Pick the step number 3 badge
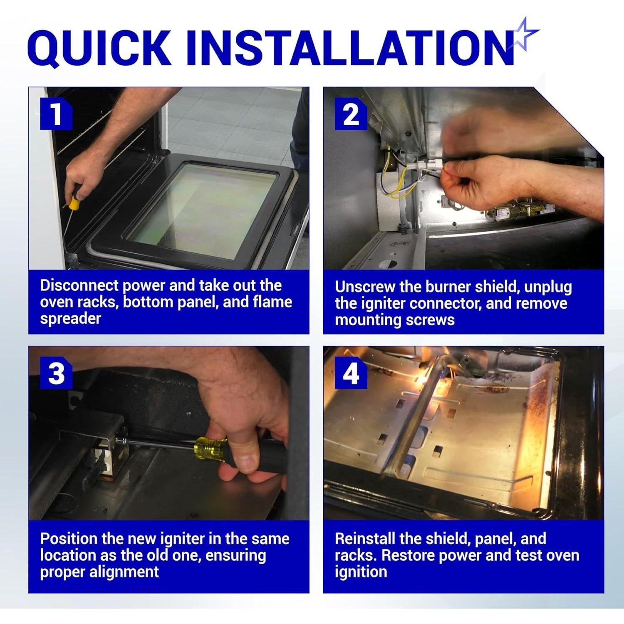click(57, 373)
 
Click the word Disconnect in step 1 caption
click(78, 285)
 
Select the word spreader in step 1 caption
click(70, 319)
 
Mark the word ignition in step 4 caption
click(361, 572)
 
